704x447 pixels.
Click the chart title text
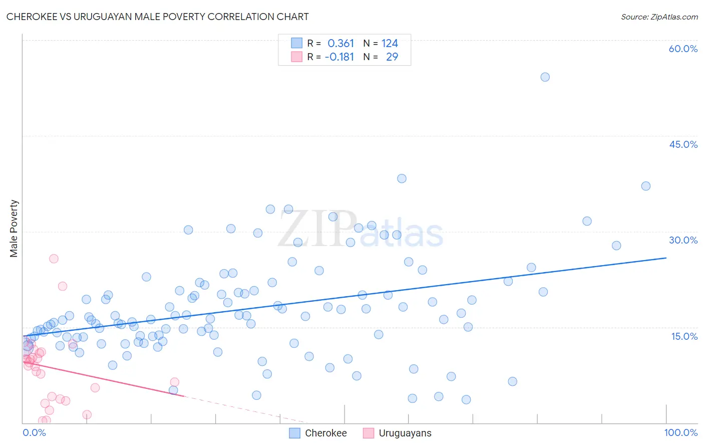(x=157, y=17)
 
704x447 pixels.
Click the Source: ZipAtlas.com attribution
(x=659, y=17)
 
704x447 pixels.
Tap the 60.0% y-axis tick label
(x=683, y=49)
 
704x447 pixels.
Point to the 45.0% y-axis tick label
(x=683, y=144)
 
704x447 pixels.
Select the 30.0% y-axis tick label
(x=683, y=240)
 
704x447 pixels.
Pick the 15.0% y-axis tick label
(x=684, y=336)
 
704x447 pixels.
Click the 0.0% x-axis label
(x=34, y=432)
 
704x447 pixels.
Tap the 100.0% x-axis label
(x=680, y=432)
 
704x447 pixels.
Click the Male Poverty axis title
(x=14, y=229)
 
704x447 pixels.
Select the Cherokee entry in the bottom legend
(x=325, y=433)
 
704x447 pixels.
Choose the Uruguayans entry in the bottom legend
(x=405, y=433)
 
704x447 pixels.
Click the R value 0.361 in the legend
(x=340, y=44)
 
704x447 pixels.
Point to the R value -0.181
(x=339, y=57)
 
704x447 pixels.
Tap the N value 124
(x=390, y=44)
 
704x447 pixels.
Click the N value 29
(x=392, y=57)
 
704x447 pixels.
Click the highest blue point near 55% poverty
(x=545, y=77)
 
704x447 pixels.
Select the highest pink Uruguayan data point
(x=54, y=259)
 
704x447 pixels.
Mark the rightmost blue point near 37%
(x=645, y=186)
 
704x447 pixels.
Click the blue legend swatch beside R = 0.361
(x=296, y=44)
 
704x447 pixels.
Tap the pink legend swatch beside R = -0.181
(x=296, y=57)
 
